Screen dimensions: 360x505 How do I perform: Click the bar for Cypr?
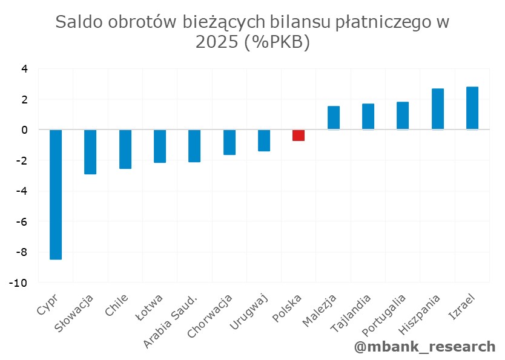point(56,194)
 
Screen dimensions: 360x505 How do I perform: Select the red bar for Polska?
point(299,136)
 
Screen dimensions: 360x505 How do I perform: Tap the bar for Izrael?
point(472,108)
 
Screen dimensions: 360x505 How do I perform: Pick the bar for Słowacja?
point(90,152)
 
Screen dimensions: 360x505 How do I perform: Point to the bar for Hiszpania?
point(438,109)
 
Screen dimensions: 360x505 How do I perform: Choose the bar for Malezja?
point(334,118)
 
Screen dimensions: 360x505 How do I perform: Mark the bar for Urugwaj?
point(264,140)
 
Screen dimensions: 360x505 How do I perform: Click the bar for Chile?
point(125,149)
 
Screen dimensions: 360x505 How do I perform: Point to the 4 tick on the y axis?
point(25,69)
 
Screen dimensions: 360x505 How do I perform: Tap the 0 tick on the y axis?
point(25,130)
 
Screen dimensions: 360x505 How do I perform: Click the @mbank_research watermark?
point(424,347)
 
